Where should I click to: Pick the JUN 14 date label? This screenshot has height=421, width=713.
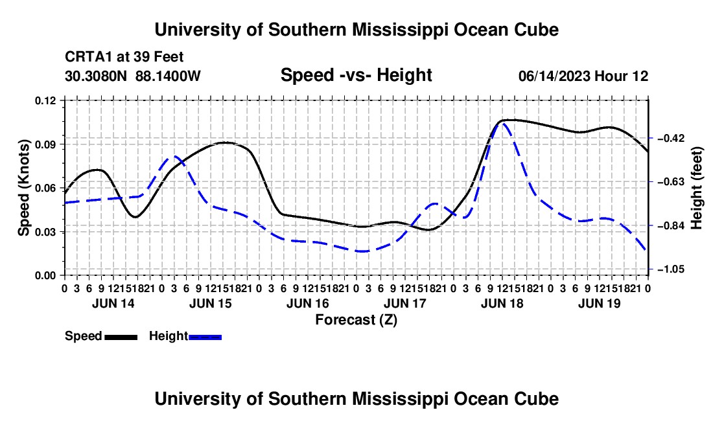pos(113,303)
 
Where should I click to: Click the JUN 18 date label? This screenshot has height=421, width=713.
pos(502,303)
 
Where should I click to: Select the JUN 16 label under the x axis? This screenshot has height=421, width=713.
pos(307,303)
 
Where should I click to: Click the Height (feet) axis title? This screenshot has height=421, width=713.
pos(696,188)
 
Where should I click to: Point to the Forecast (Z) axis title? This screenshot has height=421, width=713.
pos(356,320)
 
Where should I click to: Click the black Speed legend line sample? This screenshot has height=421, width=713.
pos(121,337)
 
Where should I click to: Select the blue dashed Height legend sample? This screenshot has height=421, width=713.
pos(205,337)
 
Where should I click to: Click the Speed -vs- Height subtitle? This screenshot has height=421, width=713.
pos(356,75)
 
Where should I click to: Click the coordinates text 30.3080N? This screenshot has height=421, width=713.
pos(95,76)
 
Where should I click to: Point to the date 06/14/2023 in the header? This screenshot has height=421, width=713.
pos(554,76)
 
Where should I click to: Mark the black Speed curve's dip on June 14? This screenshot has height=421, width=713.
pos(135,216)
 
